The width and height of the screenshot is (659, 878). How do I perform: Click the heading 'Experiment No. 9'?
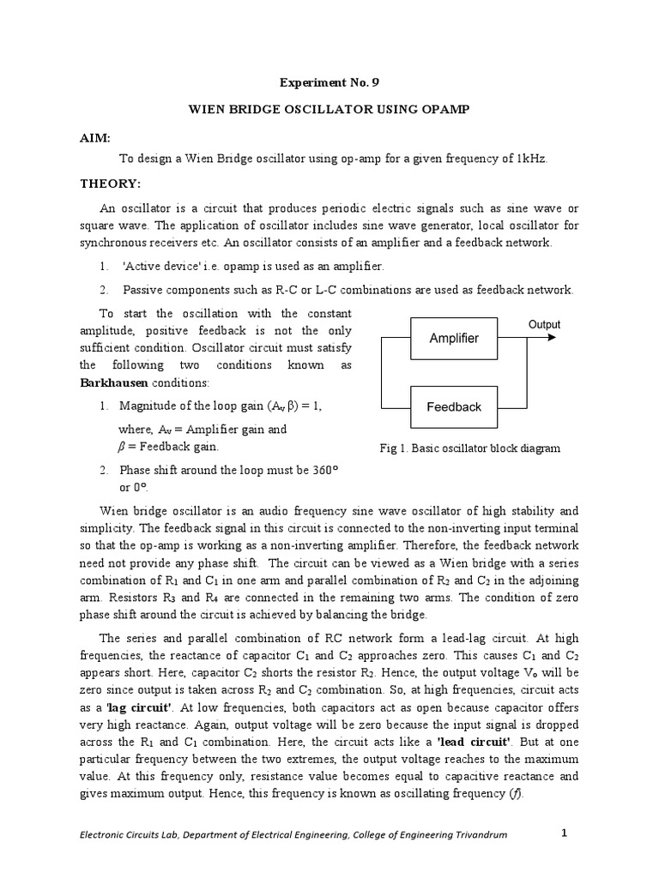click(329, 83)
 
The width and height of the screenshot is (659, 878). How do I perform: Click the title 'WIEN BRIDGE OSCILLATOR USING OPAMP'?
click(329, 112)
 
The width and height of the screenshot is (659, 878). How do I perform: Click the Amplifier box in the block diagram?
click(454, 338)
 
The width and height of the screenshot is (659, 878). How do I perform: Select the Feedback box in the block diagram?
click(454, 406)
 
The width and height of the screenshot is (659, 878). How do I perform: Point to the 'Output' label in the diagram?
click(544, 324)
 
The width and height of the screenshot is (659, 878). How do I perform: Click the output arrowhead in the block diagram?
click(551, 338)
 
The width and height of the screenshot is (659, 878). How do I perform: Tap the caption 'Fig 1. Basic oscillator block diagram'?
click(469, 448)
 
